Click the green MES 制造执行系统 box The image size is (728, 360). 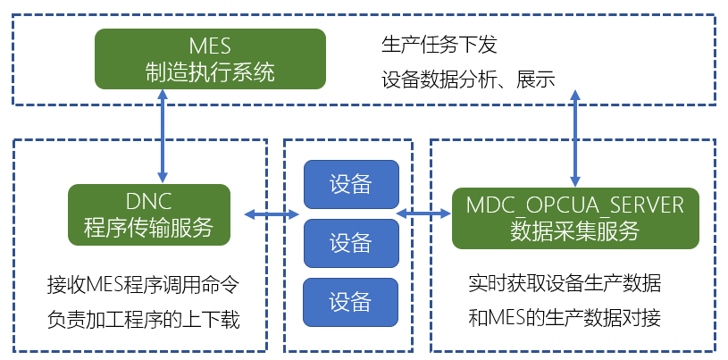click(x=210, y=59)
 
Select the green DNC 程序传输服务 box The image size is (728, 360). click(x=149, y=214)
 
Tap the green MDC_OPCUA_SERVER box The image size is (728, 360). click(x=575, y=218)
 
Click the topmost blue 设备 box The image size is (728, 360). click(x=351, y=184)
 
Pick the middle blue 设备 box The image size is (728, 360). click(x=351, y=243)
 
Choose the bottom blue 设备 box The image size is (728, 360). click(x=351, y=303)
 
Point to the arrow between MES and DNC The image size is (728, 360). click(x=163, y=135)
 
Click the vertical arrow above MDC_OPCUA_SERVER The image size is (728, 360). click(x=575, y=138)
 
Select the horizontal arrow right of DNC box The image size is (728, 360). click(x=272, y=213)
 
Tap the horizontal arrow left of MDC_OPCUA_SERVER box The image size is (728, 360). click(x=424, y=213)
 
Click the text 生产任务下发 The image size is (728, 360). click(x=439, y=46)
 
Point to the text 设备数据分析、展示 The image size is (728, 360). click(x=468, y=80)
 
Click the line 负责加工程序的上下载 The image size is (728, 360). click(x=143, y=320)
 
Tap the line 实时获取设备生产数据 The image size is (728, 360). click(x=565, y=284)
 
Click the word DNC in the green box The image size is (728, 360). click(x=149, y=202)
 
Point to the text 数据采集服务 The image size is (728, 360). click(x=574, y=230)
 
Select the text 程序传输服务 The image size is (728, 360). click(x=148, y=228)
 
